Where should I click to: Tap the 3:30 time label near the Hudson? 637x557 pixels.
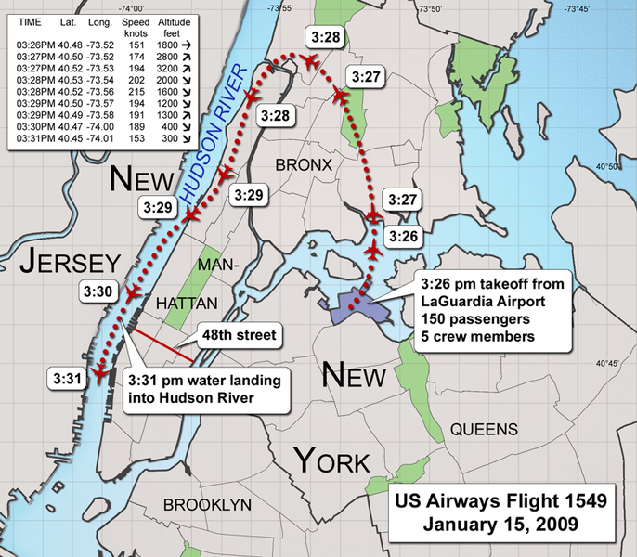tap(97, 291)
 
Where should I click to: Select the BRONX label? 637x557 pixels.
tap(304, 164)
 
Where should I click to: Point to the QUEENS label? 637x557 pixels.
tap(484, 429)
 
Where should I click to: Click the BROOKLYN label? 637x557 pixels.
tap(208, 504)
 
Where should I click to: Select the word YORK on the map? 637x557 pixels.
tap(331, 460)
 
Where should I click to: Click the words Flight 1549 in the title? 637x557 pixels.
tap(548, 501)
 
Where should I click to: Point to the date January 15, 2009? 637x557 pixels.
tap(500, 524)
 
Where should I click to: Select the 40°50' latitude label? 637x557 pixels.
tap(608, 167)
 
